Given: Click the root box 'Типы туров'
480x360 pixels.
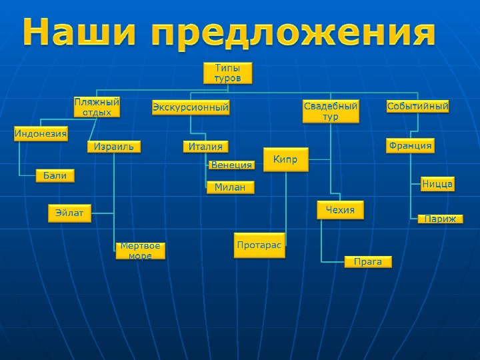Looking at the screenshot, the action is coord(227,73).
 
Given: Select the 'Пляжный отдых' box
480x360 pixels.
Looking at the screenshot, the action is coord(97,107).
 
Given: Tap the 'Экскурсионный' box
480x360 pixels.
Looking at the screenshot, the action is coord(191,107).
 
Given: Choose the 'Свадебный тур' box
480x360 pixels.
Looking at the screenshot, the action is coord(331,111).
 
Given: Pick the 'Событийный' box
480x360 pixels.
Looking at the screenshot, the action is coord(418,106).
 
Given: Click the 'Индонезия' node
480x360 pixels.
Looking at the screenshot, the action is coord(41,134).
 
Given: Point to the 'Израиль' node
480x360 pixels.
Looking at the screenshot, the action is coord(114,146).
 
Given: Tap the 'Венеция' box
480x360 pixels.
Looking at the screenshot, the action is coord(231,165).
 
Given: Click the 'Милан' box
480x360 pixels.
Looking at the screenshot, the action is coord(230,187).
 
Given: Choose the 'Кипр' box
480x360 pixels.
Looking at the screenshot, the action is coord(286,159).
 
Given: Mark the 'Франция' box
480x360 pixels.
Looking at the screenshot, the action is coord(410,145).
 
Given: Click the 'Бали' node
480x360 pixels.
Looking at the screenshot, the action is coord(55,175).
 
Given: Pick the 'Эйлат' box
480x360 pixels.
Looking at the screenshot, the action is coord(70,213).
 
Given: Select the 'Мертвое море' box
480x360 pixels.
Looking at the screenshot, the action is coord(140,251).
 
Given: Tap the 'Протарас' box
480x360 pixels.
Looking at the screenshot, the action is coord(259,245).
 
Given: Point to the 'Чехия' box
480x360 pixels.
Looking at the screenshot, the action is coord(340,210).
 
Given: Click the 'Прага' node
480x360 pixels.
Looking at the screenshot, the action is coord(368,261).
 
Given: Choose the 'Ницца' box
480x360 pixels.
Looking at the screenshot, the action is coord(437,183).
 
